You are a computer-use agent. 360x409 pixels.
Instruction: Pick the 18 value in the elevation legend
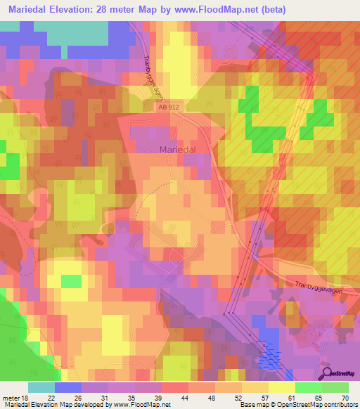tap(26, 397)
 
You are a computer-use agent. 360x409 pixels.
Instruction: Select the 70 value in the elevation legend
tap(345, 397)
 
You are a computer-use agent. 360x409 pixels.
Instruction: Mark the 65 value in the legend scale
tap(319, 397)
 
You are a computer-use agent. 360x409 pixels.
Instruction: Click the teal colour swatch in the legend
tap(41, 387)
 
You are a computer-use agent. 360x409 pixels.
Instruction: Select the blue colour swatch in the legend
tap(68, 387)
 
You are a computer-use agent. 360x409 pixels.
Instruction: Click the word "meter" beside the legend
tap(10, 397)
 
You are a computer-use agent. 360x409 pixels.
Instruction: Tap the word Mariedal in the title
tap(28, 9)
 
